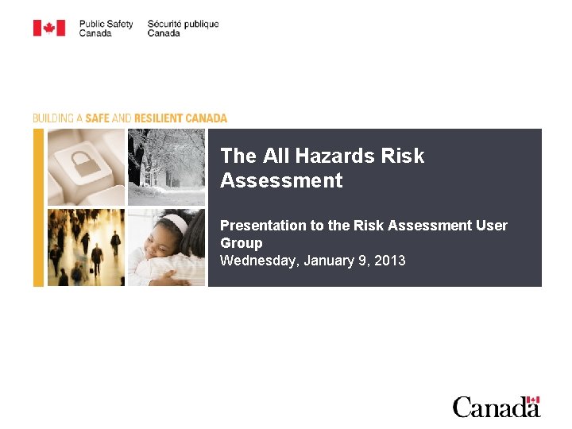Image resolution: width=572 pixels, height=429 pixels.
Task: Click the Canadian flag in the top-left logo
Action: pyautogui.click(x=48, y=29)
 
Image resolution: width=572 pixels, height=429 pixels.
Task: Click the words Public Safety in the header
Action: pyautogui.click(x=106, y=24)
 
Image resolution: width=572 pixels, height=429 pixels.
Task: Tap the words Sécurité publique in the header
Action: pyautogui.click(x=183, y=24)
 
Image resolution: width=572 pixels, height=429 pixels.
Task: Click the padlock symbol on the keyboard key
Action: pyautogui.click(x=83, y=165)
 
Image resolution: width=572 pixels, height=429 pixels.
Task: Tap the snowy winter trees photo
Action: pyautogui.click(x=166, y=167)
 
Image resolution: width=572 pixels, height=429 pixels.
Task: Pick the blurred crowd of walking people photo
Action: pyautogui.click(x=86, y=247)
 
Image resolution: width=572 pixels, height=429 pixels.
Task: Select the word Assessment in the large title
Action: pyautogui.click(x=281, y=181)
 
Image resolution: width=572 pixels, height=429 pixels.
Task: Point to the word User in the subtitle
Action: pyautogui.click(x=492, y=226)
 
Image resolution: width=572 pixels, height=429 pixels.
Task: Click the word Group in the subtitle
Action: pyautogui.click(x=241, y=243)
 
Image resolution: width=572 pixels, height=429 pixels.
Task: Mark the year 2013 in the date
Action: pyautogui.click(x=388, y=261)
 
